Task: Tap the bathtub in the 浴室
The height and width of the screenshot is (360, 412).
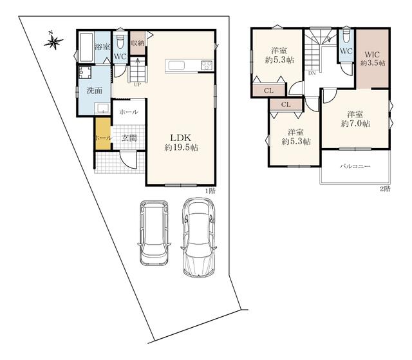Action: [x=86, y=47]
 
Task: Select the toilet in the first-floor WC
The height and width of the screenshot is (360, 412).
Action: [x=120, y=41]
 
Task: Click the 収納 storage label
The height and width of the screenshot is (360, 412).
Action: [x=137, y=43]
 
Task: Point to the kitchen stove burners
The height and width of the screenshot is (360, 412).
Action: [x=207, y=65]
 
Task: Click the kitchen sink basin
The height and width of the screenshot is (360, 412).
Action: [x=176, y=66]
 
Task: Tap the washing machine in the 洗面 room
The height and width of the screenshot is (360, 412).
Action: [x=84, y=72]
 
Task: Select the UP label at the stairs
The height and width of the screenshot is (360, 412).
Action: [x=137, y=84]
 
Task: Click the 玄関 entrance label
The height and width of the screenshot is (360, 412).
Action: [x=129, y=138]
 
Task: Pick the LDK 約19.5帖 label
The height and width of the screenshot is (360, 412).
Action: [x=181, y=142]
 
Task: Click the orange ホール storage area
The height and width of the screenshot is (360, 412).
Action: [x=103, y=134]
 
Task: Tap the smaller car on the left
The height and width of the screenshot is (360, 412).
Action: [x=154, y=233]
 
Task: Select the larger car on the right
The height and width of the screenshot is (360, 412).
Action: [x=199, y=237]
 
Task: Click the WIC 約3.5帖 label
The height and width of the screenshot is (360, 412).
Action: [x=373, y=59]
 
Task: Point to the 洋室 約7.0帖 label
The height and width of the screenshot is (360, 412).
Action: [x=355, y=119]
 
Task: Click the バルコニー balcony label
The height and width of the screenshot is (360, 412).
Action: [x=355, y=166]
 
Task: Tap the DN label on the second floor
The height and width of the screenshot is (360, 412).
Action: [x=312, y=73]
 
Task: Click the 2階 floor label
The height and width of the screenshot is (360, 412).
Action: [x=385, y=189]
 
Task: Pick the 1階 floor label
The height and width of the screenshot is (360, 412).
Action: [x=210, y=191]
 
